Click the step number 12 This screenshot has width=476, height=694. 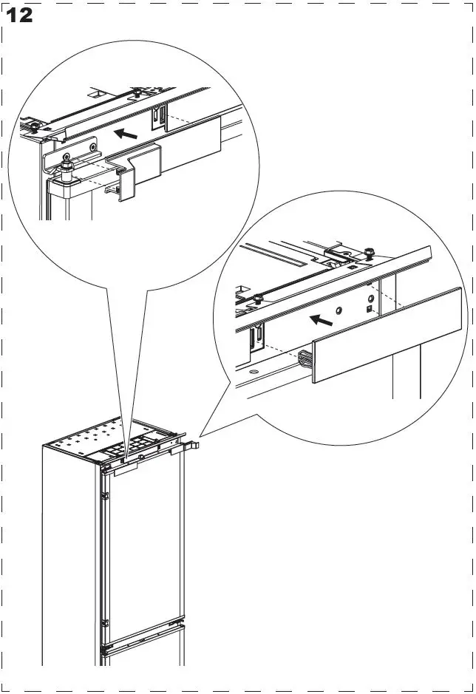pos(19,15)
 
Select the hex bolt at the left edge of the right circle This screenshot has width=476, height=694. pos(257,299)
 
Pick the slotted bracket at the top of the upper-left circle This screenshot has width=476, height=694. pos(157,118)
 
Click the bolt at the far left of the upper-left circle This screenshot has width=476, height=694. pos(34,126)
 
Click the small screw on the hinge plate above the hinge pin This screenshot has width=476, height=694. pos(92,147)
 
